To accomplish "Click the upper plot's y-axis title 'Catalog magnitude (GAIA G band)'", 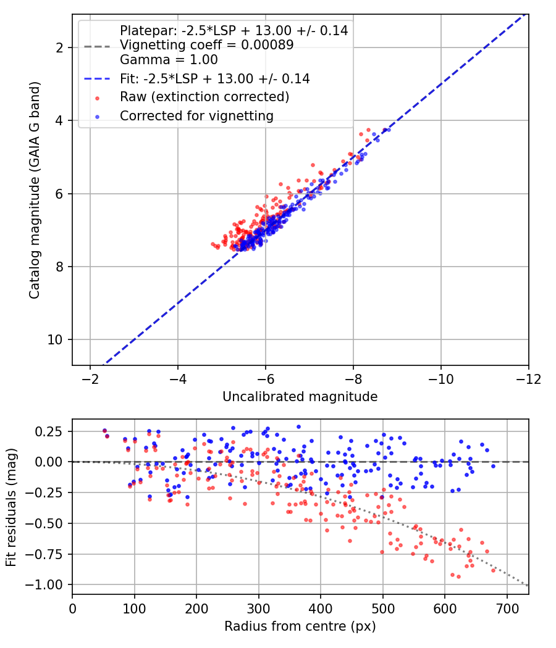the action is pyautogui.click(x=35, y=190).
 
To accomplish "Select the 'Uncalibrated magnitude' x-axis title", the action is pyautogui.click(x=300, y=397).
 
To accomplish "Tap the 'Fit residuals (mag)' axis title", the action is pyautogui.click(x=11, y=507).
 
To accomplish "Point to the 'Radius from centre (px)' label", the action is pyautogui.click(x=300, y=626).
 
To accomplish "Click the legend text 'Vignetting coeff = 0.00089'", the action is pyautogui.click(x=207, y=44).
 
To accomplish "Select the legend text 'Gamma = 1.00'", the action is pyautogui.click(x=169, y=59).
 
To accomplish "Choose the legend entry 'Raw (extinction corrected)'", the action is pyautogui.click(x=204, y=97).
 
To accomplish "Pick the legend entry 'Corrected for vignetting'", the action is pyautogui.click(x=197, y=116).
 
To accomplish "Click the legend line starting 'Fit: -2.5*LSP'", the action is pyautogui.click(x=215, y=78).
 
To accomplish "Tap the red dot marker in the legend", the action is pyautogui.click(x=97, y=98).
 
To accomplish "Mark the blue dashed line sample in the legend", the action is pyautogui.click(x=97, y=78).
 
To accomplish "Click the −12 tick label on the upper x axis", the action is pyautogui.click(x=528, y=379).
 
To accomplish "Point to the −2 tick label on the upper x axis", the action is pyautogui.click(x=90, y=379).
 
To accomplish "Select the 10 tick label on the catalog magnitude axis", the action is pyautogui.click(x=54, y=339).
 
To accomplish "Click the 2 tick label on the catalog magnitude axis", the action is pyautogui.click(x=59, y=48).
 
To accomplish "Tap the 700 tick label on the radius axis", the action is pyautogui.click(x=507, y=609).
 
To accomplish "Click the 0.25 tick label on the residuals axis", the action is pyautogui.click(x=49, y=432).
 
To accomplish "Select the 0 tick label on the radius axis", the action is pyautogui.click(x=72, y=609).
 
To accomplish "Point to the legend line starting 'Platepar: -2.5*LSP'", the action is pyautogui.click(x=234, y=30).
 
